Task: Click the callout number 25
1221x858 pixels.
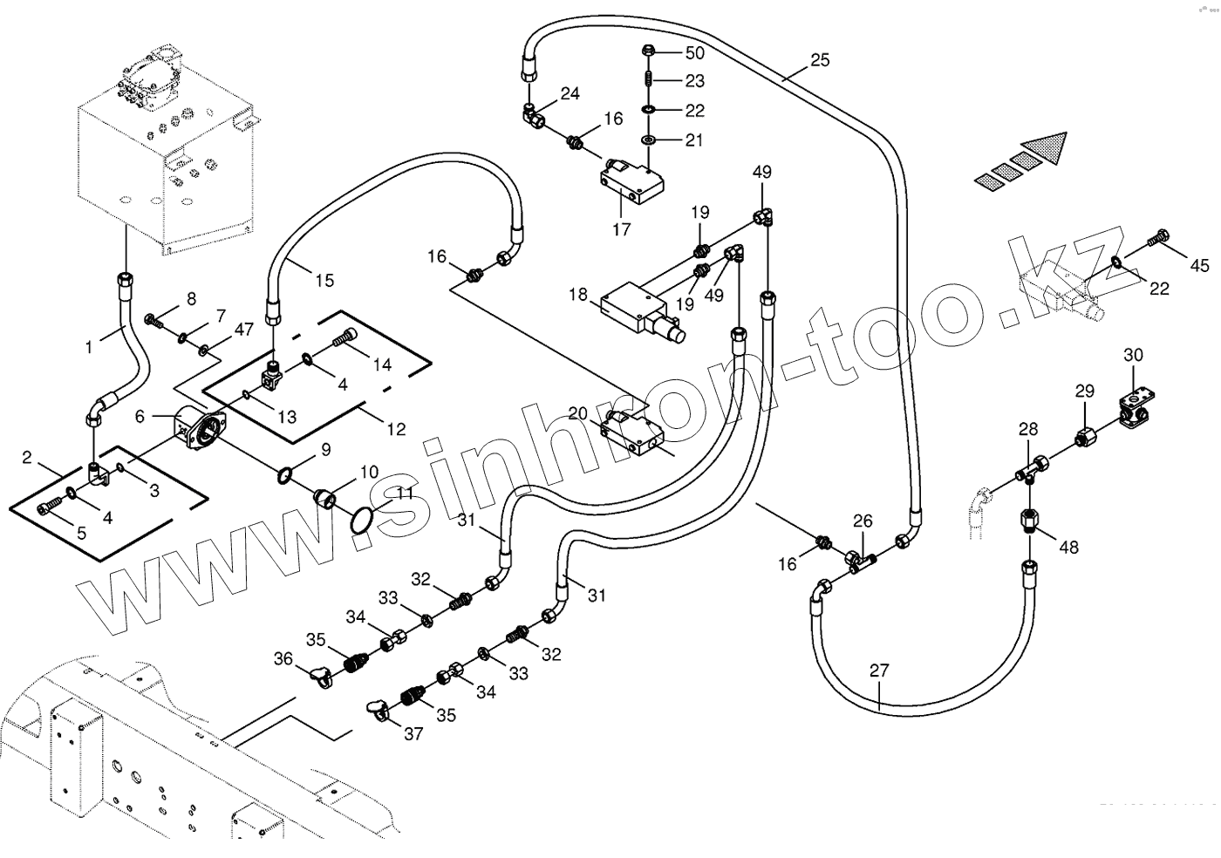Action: pos(820,60)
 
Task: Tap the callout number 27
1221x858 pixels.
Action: pos(879,671)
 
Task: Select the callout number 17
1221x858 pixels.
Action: pos(621,230)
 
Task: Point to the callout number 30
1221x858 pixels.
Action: pos(1133,355)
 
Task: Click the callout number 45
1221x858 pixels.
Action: pos(1200,265)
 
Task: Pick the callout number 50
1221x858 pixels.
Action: pos(694,53)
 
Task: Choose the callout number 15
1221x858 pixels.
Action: pos(324,281)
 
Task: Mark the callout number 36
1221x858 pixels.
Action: pos(283,659)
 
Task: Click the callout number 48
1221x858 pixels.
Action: pos(1068,547)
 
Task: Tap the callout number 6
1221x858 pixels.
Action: pos(140,417)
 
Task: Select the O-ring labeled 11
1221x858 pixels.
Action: pos(362,521)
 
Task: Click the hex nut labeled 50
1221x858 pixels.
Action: pos(650,51)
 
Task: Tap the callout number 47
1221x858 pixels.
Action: pos(243,330)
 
